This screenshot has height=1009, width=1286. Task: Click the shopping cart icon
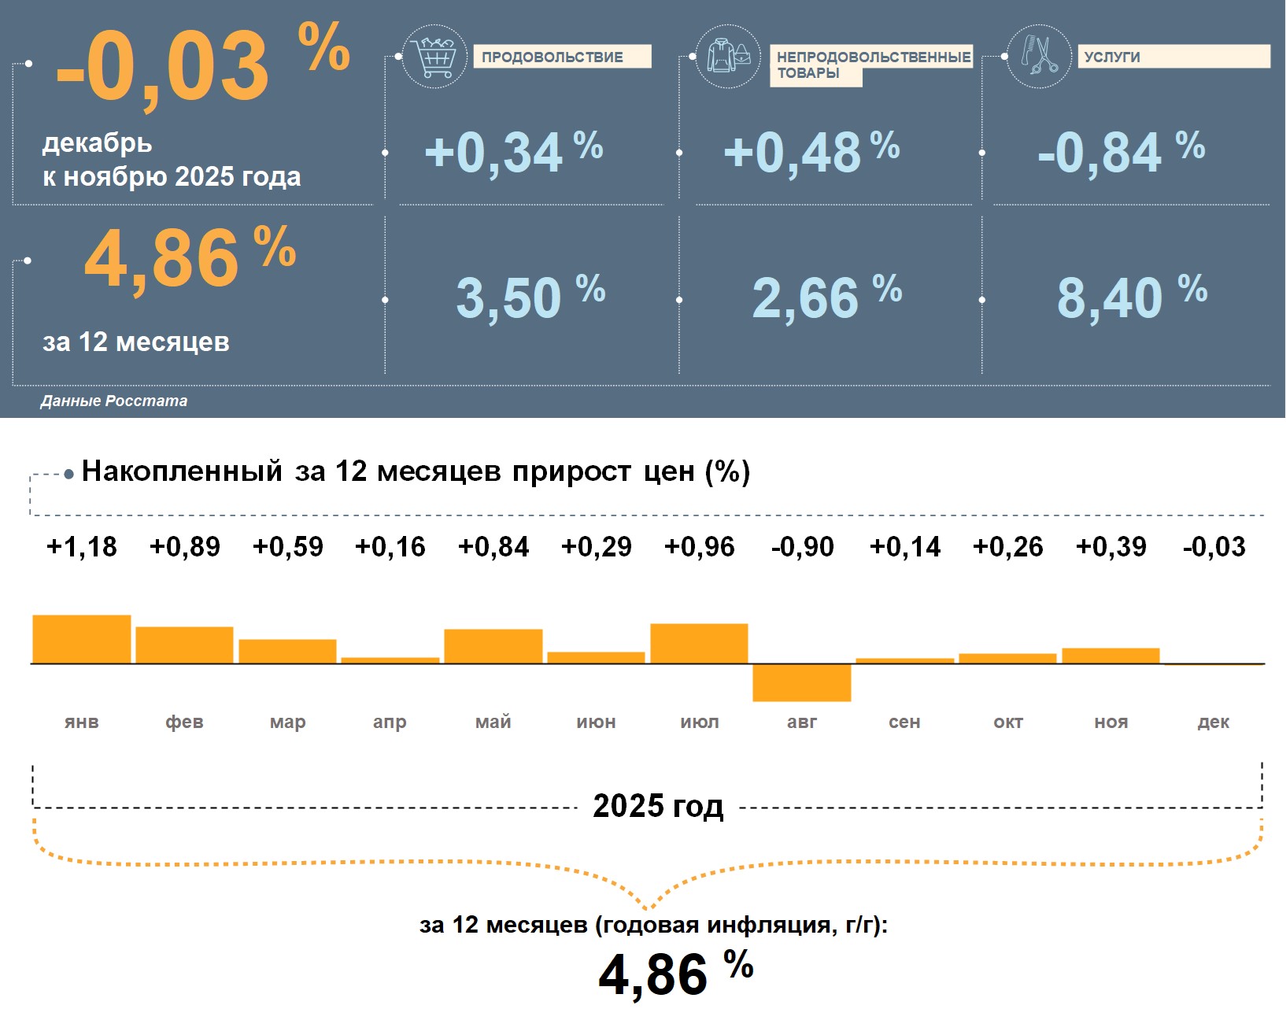click(x=434, y=57)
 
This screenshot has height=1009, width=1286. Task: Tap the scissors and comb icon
click(x=1039, y=57)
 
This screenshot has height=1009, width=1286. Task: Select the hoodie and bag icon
click(x=728, y=57)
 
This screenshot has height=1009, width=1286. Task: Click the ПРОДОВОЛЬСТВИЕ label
click(x=562, y=57)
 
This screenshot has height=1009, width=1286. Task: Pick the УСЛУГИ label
click(x=1173, y=57)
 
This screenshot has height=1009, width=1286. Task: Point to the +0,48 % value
click(x=811, y=152)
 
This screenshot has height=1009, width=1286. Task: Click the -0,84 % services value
click(x=1121, y=152)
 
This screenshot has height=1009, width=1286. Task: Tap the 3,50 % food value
click(x=530, y=298)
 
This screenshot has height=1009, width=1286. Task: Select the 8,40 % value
click(x=1131, y=298)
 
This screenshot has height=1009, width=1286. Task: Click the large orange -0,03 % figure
click(x=201, y=65)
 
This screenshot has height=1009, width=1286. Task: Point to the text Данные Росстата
click(x=114, y=401)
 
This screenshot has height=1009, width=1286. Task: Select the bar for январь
click(x=82, y=639)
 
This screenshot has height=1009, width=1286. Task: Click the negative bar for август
click(x=802, y=682)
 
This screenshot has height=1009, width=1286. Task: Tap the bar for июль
click(x=699, y=644)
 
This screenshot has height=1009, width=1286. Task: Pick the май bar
click(x=493, y=646)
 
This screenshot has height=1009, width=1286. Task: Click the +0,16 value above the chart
click(x=390, y=546)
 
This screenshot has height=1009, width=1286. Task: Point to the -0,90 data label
click(x=802, y=546)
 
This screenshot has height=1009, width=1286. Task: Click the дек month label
click(x=1213, y=722)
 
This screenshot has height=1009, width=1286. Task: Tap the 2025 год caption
click(x=658, y=806)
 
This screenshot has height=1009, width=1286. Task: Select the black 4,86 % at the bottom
click(x=675, y=973)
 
